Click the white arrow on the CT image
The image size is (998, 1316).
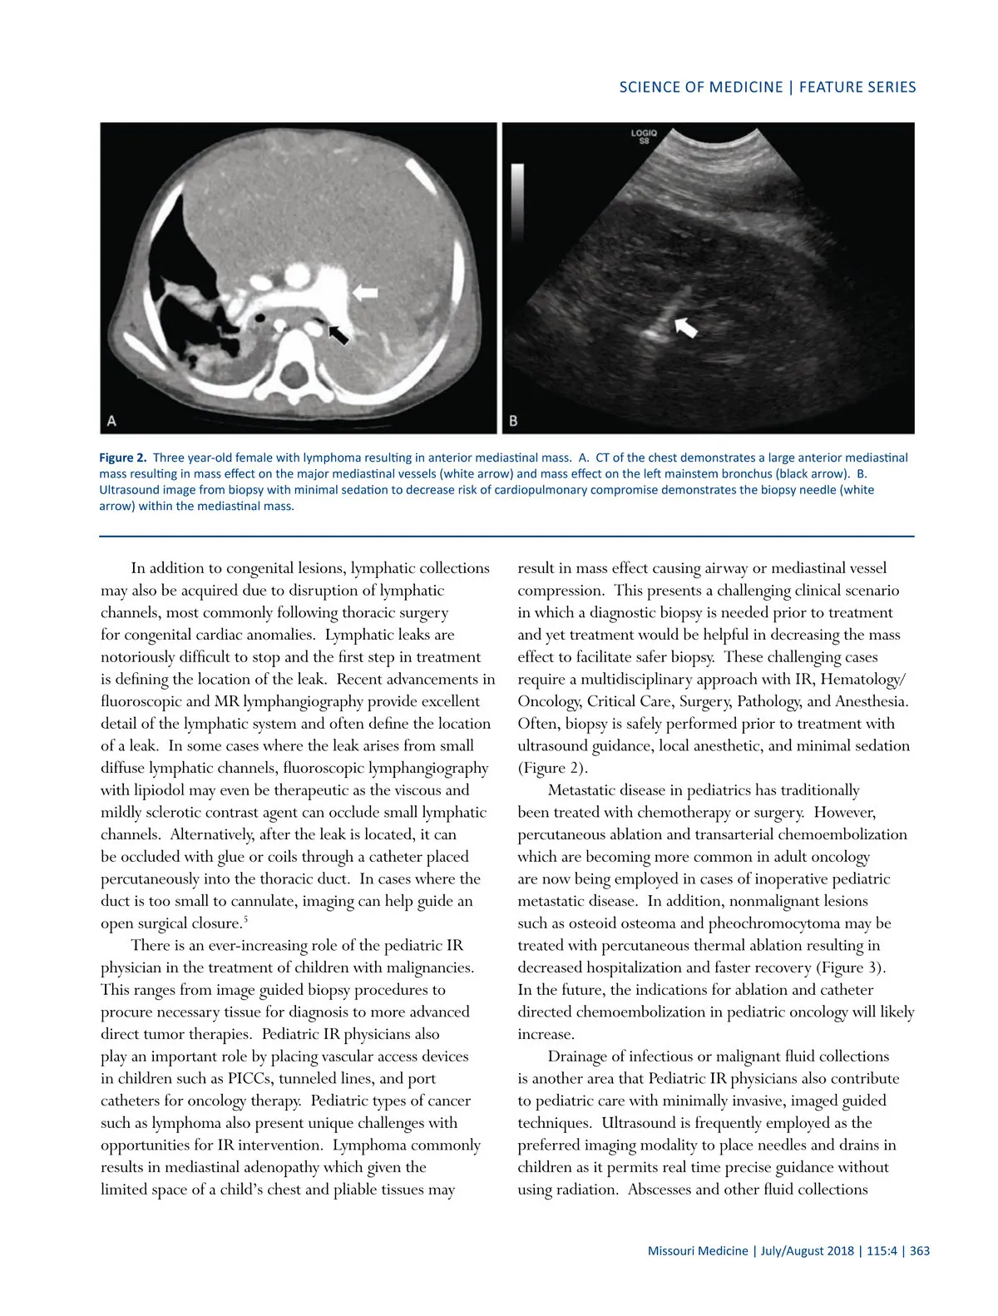click(365, 292)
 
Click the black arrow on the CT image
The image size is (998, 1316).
click(338, 334)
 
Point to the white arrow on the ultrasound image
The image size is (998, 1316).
click(686, 326)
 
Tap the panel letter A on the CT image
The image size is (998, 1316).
click(112, 421)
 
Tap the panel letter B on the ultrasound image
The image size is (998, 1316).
click(513, 421)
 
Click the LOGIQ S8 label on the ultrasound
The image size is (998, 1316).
click(644, 136)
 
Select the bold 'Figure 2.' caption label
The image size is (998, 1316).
click(123, 458)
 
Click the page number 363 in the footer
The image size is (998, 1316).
click(920, 1251)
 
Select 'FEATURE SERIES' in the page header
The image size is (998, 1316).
click(857, 87)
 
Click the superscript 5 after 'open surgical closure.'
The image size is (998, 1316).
click(246, 919)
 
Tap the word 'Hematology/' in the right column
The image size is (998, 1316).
click(863, 680)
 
